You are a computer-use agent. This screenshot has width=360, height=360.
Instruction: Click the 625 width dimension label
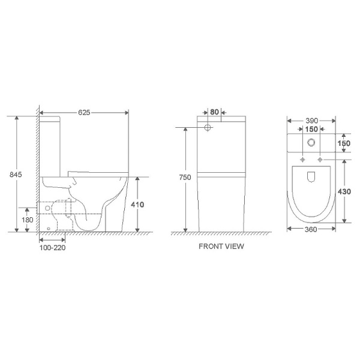tap(84, 113)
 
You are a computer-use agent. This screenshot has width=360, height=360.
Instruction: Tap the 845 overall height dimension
tap(16, 175)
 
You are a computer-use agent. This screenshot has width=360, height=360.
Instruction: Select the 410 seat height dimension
tap(137, 205)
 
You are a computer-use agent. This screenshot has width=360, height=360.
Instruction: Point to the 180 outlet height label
tap(28, 220)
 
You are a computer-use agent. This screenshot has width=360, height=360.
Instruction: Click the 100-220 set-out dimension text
tap(52, 248)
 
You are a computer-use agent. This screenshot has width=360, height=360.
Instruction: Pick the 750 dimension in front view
tap(185, 177)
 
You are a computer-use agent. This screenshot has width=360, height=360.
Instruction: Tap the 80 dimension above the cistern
tap(214, 112)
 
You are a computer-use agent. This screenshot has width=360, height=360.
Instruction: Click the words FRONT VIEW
tap(221, 247)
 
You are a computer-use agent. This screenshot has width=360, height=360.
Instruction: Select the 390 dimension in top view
tap(312, 121)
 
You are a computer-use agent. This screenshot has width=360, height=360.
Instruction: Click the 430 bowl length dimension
tap(344, 191)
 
